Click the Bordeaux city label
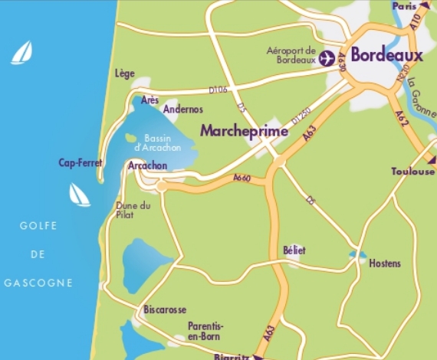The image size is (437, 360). [386, 56]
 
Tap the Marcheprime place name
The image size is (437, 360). [244, 132]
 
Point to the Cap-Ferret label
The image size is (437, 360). [80, 162]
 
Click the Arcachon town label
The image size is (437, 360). [148, 165]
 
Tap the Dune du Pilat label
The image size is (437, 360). [133, 211]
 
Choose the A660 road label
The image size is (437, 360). [242, 178]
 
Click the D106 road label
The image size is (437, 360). [218, 90]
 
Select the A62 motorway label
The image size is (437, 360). [401, 118]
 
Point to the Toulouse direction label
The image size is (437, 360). [412, 171]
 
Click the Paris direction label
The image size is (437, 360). [404, 5]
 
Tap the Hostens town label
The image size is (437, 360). [384, 263]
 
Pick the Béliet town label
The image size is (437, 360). [294, 250]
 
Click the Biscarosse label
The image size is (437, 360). [165, 309]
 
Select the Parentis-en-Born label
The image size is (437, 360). [206, 330]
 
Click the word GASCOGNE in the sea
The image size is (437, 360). [38, 283]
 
